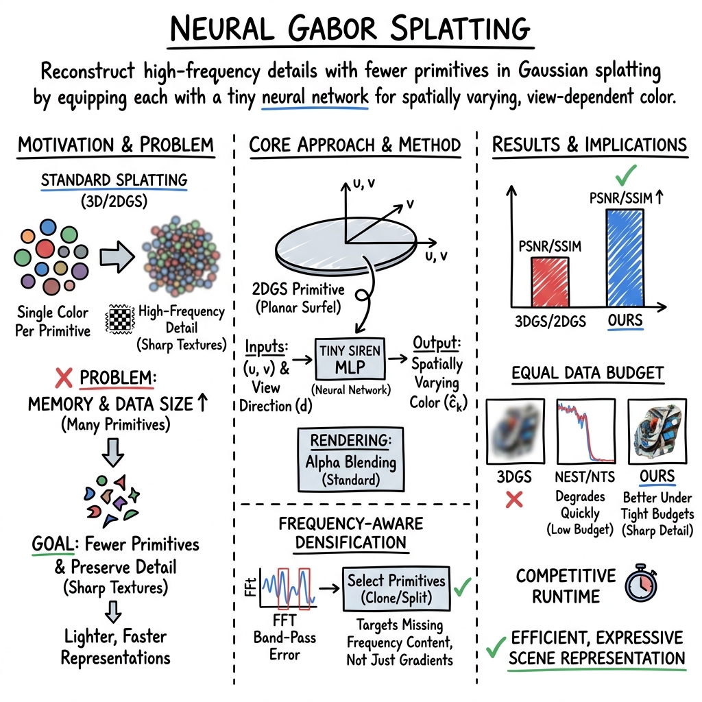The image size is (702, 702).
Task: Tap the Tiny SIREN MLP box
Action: pyautogui.click(x=350, y=358)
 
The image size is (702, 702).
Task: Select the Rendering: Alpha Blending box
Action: pyautogui.click(x=350, y=459)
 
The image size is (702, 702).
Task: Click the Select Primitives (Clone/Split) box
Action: pyautogui.click(x=396, y=588)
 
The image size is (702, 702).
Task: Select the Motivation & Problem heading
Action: pyautogui.click(x=115, y=145)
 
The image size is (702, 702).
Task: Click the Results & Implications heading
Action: pyautogui.click(x=590, y=145)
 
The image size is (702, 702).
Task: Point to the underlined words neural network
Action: pyautogui.click(x=316, y=97)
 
